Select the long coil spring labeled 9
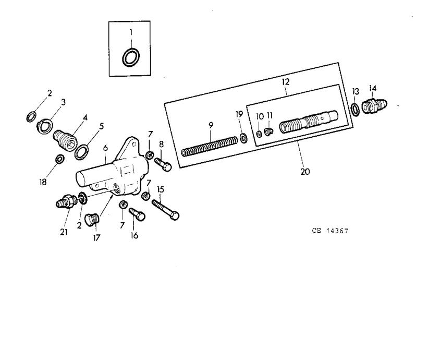(210, 147)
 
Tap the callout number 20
(305, 172)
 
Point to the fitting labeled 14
(374, 105)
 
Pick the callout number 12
(285, 82)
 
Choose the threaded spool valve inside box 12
(309, 122)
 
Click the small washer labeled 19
(244, 138)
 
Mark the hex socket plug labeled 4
(66, 140)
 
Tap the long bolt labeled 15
(165, 210)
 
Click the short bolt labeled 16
(137, 214)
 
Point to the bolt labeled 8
(163, 164)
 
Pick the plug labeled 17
(92, 220)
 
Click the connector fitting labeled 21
(66, 201)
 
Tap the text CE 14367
(330, 231)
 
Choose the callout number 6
(105, 148)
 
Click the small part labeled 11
(268, 132)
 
